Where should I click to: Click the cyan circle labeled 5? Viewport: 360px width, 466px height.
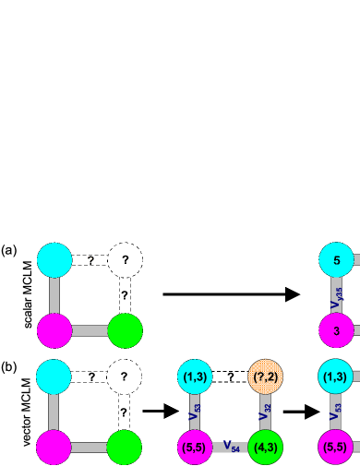pyautogui.click(x=337, y=260)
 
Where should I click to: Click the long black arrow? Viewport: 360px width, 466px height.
pyautogui.click(x=231, y=294)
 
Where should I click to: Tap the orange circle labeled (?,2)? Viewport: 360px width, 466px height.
pyautogui.click(x=266, y=376)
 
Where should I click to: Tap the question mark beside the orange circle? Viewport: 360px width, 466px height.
pyautogui.click(x=230, y=376)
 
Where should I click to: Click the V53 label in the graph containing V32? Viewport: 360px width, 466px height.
pyautogui.click(x=195, y=412)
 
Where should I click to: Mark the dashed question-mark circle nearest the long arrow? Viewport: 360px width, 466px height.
pyautogui.click(x=125, y=260)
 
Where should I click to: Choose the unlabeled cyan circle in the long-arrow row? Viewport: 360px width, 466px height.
pyautogui.click(x=54, y=260)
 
